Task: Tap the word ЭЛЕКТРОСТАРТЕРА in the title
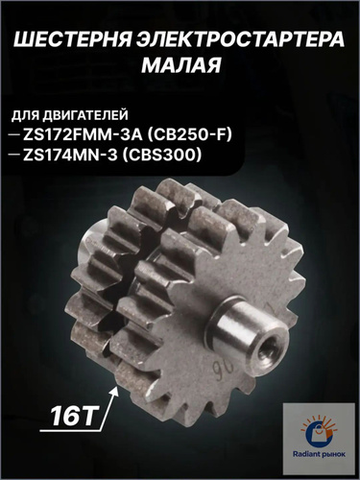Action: point(241,41)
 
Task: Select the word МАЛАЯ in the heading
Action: point(181,65)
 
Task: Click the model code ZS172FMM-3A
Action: point(83,135)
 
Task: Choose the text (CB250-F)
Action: point(189,135)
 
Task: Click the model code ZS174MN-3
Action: point(70,156)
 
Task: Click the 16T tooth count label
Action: point(74,417)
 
